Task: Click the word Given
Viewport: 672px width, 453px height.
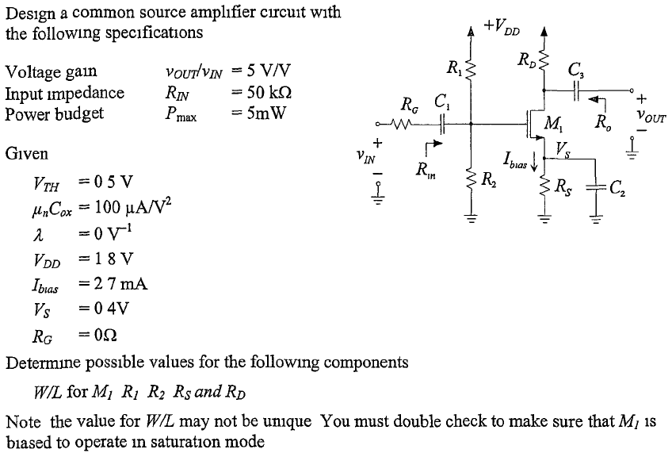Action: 26,153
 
